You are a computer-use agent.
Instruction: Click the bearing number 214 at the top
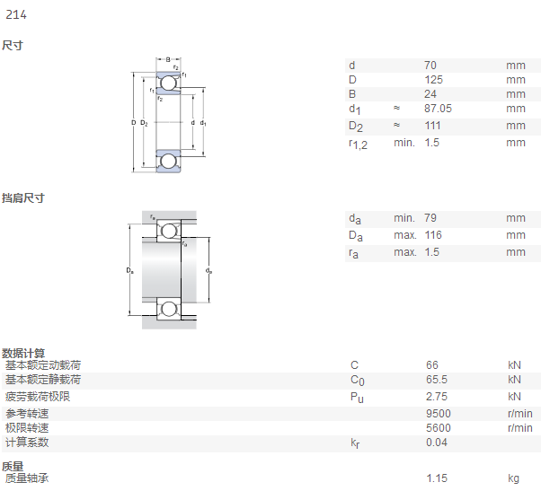tap(16, 15)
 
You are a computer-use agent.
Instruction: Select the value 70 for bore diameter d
tap(430, 66)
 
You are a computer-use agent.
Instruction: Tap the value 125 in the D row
tap(433, 80)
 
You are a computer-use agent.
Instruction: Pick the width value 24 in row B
tap(430, 94)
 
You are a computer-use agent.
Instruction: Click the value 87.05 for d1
tap(438, 109)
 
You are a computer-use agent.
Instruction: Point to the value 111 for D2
tap(432, 126)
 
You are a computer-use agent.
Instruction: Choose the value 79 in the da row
tap(430, 218)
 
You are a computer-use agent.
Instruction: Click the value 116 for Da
tap(433, 235)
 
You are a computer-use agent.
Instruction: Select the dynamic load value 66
tap(432, 365)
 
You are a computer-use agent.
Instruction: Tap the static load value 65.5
tap(437, 380)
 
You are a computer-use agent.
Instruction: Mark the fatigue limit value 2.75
tap(437, 397)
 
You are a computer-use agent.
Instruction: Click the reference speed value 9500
tap(439, 414)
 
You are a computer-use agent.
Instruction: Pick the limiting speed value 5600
tap(439, 428)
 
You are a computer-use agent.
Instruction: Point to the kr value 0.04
tap(437, 443)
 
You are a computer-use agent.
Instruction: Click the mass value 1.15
tap(437, 478)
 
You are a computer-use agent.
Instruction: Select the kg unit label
tap(513, 478)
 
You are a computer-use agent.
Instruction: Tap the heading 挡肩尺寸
tap(23, 198)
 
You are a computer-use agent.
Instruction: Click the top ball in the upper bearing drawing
tap(168, 83)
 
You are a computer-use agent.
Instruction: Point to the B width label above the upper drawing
tap(168, 59)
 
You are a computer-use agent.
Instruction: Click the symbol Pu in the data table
tap(357, 398)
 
